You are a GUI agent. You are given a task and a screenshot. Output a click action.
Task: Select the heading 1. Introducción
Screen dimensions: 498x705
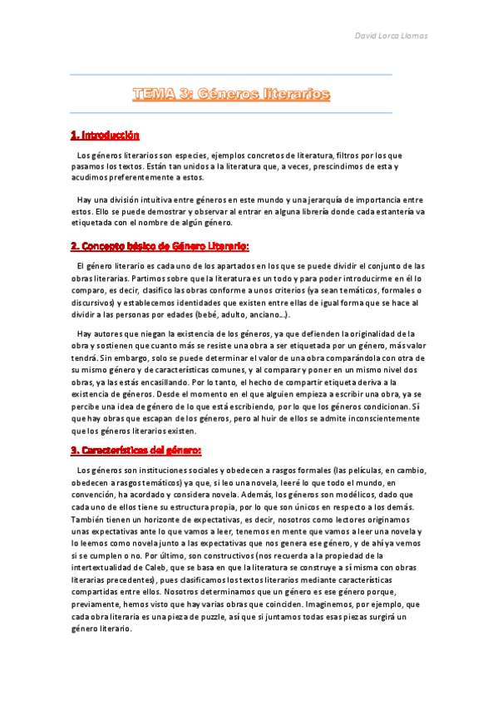coord(104,135)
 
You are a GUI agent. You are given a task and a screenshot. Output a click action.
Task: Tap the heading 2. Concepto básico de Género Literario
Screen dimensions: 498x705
coord(160,247)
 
